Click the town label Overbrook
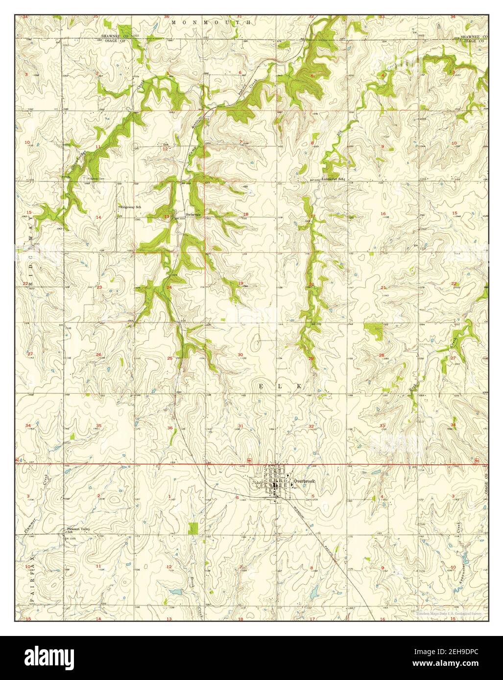pos(304,481)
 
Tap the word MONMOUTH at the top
pos(211,22)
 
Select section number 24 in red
pos(169,287)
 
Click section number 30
pos(240,355)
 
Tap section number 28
pos(381,355)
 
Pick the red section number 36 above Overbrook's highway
pos(170,428)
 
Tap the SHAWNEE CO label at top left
pos(114,36)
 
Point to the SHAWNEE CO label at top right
pos(474,37)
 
